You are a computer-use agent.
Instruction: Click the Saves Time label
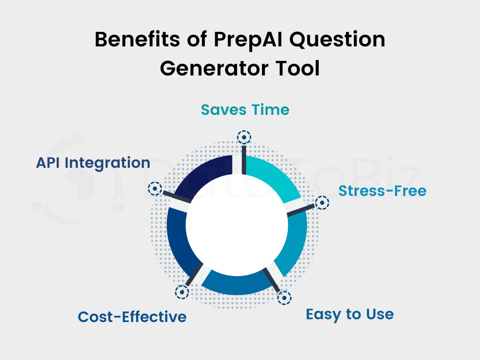tap(245, 110)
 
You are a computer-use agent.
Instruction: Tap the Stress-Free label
tap(382, 191)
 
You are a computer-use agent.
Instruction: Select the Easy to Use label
tap(350, 315)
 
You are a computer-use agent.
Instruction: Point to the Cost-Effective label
tap(132, 316)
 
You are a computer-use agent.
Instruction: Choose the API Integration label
tap(93, 163)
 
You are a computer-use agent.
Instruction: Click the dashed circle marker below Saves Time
tap(244, 137)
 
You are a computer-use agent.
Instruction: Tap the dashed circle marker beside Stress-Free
tap(322, 202)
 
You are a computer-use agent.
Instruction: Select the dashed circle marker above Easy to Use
tap(285, 298)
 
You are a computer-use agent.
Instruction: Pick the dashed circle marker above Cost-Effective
tap(182, 292)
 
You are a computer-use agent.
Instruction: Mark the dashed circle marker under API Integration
tap(155, 188)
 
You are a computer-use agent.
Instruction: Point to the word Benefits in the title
tap(137, 39)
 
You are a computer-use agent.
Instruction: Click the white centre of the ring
tap(237, 225)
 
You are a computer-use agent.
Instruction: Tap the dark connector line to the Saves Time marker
tap(244, 159)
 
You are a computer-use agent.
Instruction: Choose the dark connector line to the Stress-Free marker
tap(300, 210)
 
